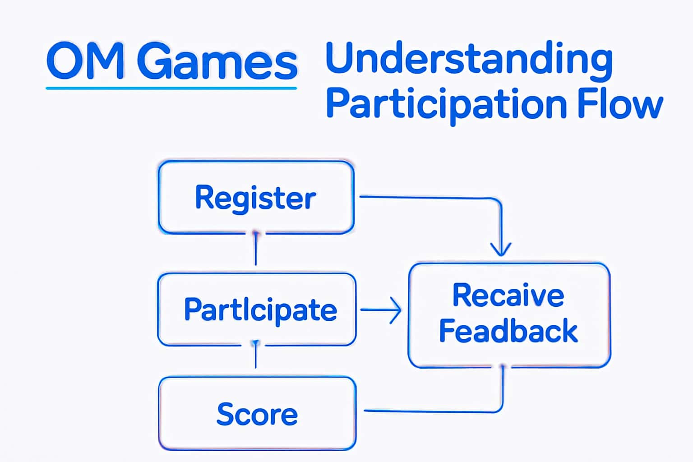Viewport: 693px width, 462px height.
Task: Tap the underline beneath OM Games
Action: click(x=171, y=88)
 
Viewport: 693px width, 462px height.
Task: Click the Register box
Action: click(x=256, y=197)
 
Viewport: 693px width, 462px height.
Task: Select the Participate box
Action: click(x=257, y=310)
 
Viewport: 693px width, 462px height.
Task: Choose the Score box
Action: click(x=257, y=414)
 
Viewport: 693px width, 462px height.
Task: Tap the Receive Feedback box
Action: click(x=509, y=315)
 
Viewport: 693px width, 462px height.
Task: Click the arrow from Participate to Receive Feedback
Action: click(x=381, y=310)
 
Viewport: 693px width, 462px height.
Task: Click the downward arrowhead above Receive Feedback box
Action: click(x=501, y=249)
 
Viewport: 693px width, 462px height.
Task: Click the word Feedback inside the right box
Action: click(x=508, y=331)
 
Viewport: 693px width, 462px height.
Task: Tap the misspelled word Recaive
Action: click(x=508, y=296)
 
